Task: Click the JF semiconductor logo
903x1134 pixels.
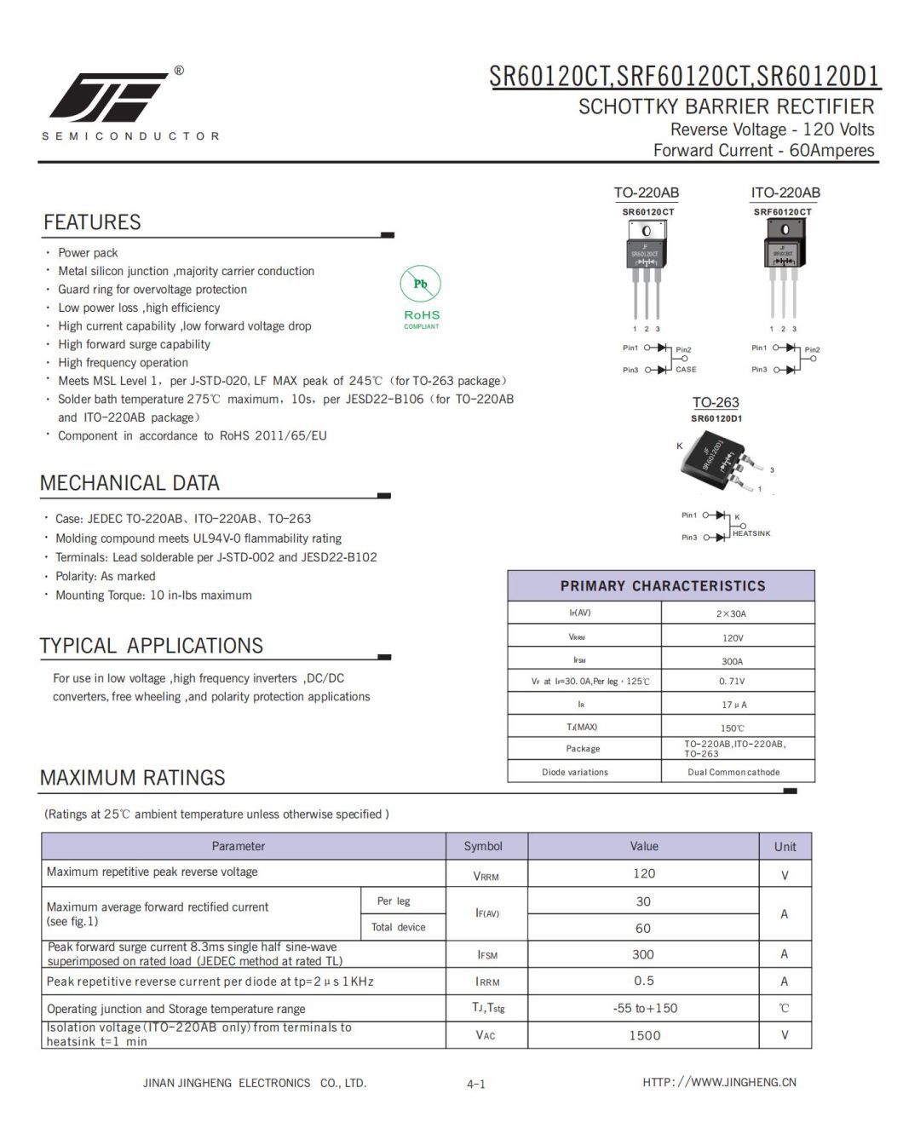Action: coord(108,96)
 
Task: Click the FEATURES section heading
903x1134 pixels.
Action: coord(92,222)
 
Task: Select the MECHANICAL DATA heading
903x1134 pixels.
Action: coord(129,483)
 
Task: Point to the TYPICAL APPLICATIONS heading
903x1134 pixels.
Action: coord(151,646)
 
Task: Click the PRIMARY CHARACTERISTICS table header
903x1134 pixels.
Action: coord(662,586)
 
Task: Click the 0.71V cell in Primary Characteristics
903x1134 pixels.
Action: coord(732,682)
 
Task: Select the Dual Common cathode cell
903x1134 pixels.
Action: coord(733,772)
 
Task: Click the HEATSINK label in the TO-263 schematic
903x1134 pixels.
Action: coord(751,533)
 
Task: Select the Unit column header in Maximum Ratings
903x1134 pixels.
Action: coord(785,847)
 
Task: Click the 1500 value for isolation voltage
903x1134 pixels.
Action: coord(644,1035)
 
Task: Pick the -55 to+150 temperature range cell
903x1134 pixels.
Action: coord(645,1009)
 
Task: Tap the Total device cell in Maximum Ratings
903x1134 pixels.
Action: coord(398,927)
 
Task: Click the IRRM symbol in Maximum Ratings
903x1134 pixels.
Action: coord(487,981)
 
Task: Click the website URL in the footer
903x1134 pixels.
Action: coord(719,1082)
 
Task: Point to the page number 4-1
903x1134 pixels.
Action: coord(476,1084)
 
